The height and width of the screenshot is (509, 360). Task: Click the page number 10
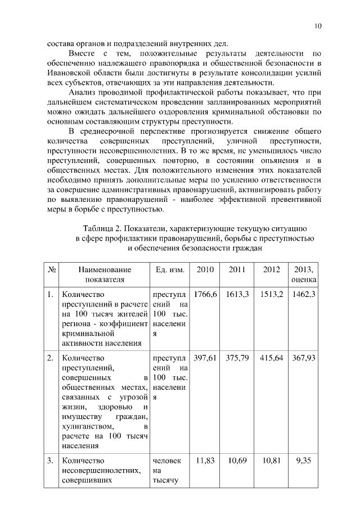(x=318, y=26)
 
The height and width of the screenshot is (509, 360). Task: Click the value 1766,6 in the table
(x=205, y=294)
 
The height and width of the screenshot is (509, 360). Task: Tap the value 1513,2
(x=272, y=294)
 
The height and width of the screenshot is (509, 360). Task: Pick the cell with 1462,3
(x=304, y=294)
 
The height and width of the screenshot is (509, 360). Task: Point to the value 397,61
(x=205, y=358)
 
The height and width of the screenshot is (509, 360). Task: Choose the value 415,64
(x=272, y=358)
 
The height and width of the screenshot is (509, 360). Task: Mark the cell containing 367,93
(x=304, y=358)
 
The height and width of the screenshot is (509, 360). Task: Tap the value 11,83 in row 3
(x=205, y=461)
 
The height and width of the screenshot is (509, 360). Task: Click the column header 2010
(x=205, y=269)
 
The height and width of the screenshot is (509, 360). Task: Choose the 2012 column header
(x=272, y=269)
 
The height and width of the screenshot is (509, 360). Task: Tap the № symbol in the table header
(x=51, y=269)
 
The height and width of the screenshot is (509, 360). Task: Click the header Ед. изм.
(x=170, y=269)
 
